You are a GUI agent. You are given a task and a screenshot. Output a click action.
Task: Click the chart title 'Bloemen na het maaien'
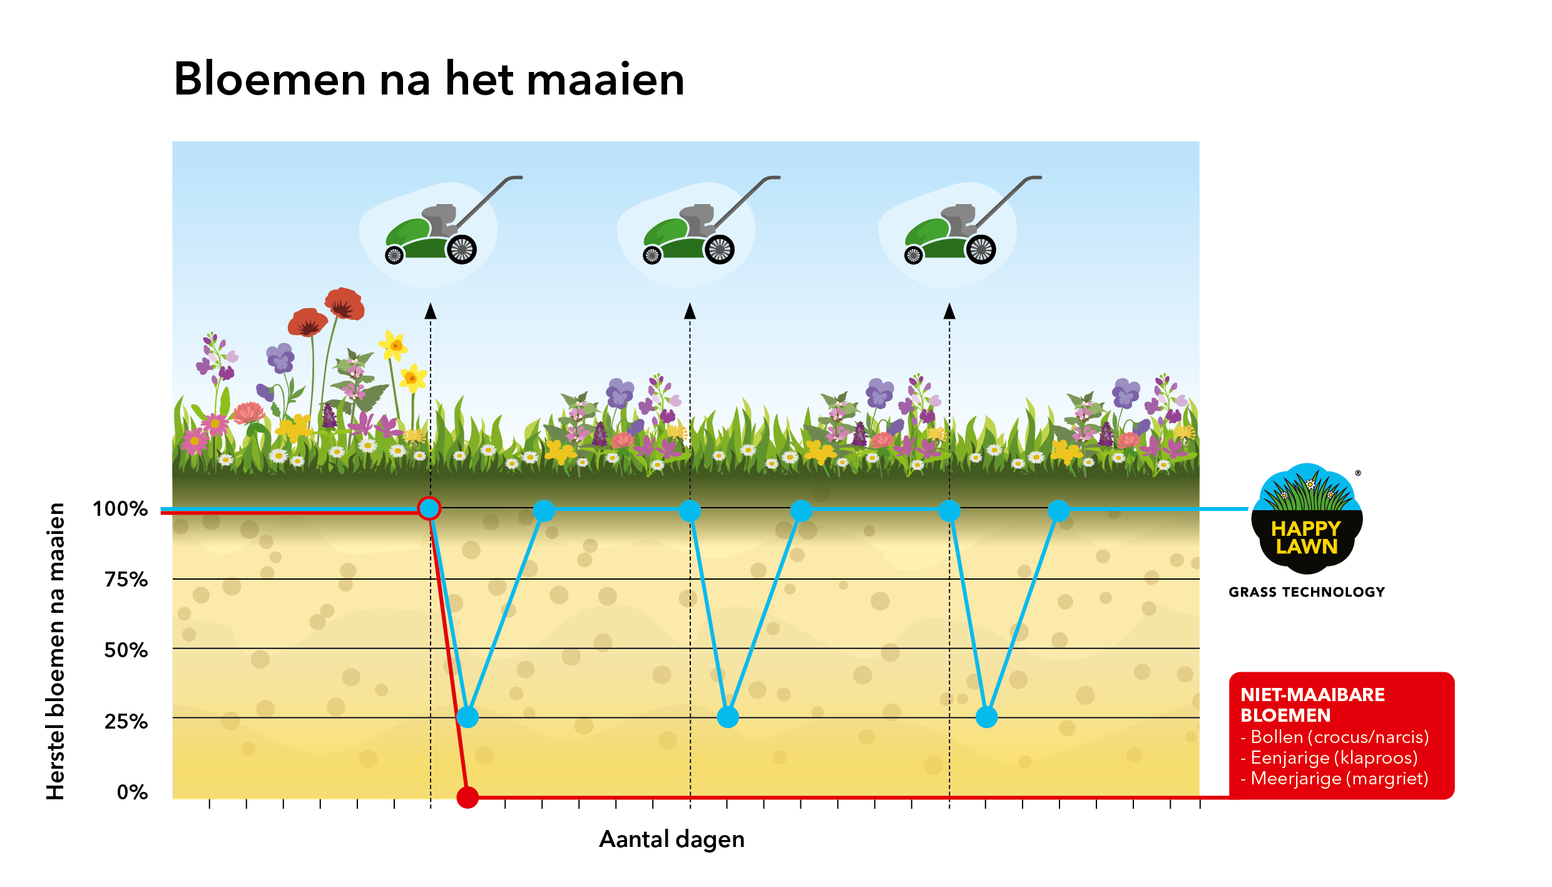429,79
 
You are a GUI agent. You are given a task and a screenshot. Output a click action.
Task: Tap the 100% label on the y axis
120,508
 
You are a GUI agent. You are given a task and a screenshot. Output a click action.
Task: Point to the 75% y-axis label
126,579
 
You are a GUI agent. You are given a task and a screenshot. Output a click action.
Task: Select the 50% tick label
126,650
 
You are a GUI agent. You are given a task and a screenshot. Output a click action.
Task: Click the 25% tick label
126,721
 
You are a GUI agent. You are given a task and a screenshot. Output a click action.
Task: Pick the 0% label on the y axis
133,792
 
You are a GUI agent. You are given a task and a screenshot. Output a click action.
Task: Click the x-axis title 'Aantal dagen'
671,839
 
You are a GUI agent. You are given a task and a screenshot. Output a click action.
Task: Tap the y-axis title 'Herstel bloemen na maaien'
56,651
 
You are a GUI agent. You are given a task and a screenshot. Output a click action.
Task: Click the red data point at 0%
467,797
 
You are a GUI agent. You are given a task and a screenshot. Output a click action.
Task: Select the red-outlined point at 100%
429,509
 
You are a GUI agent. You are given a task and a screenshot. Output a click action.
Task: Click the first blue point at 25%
467,717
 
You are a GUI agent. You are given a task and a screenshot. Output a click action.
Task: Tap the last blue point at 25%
986,717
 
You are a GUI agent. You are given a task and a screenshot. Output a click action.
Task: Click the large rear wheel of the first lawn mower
462,249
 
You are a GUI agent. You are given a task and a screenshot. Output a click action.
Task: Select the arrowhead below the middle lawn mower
690,310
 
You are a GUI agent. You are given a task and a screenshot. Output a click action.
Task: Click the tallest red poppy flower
344,304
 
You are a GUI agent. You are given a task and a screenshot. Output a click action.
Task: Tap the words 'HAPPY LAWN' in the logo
1307,538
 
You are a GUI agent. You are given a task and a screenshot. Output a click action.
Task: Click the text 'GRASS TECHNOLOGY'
1307,592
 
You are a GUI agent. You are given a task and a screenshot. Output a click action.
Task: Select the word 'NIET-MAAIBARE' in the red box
1312,695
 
